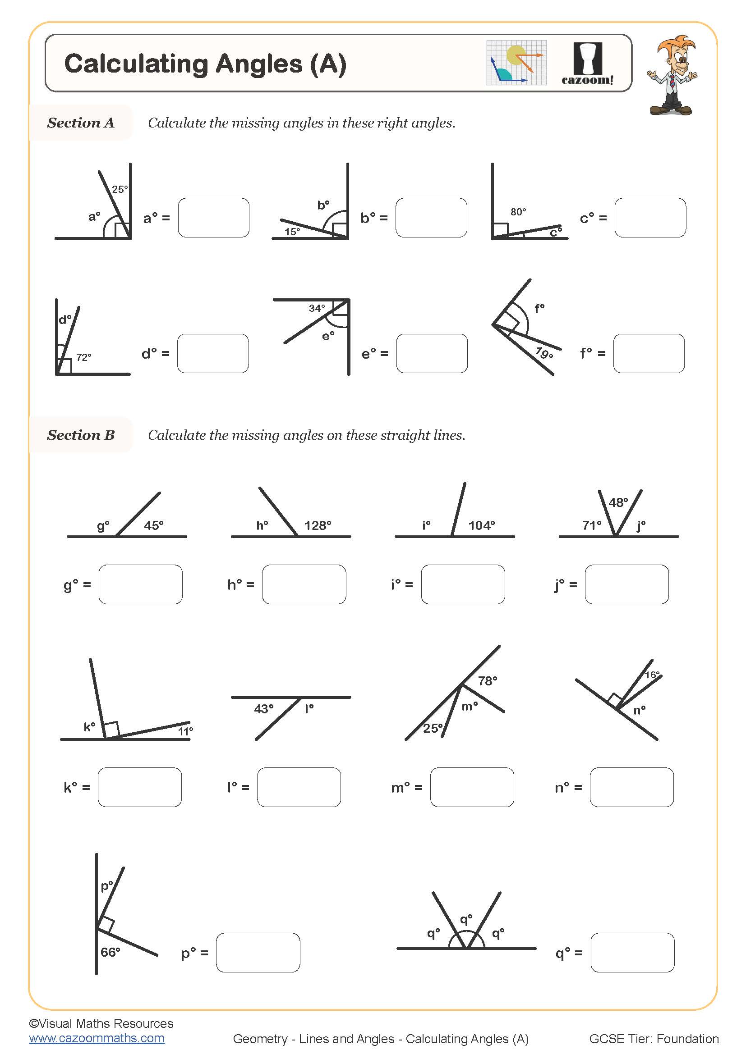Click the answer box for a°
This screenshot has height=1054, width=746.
coord(214,218)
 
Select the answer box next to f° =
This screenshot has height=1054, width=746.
coord(649,353)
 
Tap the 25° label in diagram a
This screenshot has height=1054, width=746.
coord(120,189)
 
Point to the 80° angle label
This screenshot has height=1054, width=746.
coord(518,212)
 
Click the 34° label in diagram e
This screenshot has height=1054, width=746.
coord(317,308)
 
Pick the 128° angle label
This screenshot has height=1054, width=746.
coord(318,525)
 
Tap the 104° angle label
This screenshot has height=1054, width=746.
coord(481,525)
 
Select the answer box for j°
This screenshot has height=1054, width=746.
coord(626,584)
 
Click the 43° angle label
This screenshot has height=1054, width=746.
coord(264,709)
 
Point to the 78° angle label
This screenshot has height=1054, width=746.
coord(488,681)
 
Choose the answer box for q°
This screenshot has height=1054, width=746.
coord(632,953)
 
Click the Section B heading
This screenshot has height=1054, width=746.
coord(81,435)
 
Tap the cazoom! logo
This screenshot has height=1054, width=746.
coord(588,64)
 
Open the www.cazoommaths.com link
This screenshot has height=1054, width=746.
coord(97,1038)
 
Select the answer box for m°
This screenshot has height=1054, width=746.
coord(472,787)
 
